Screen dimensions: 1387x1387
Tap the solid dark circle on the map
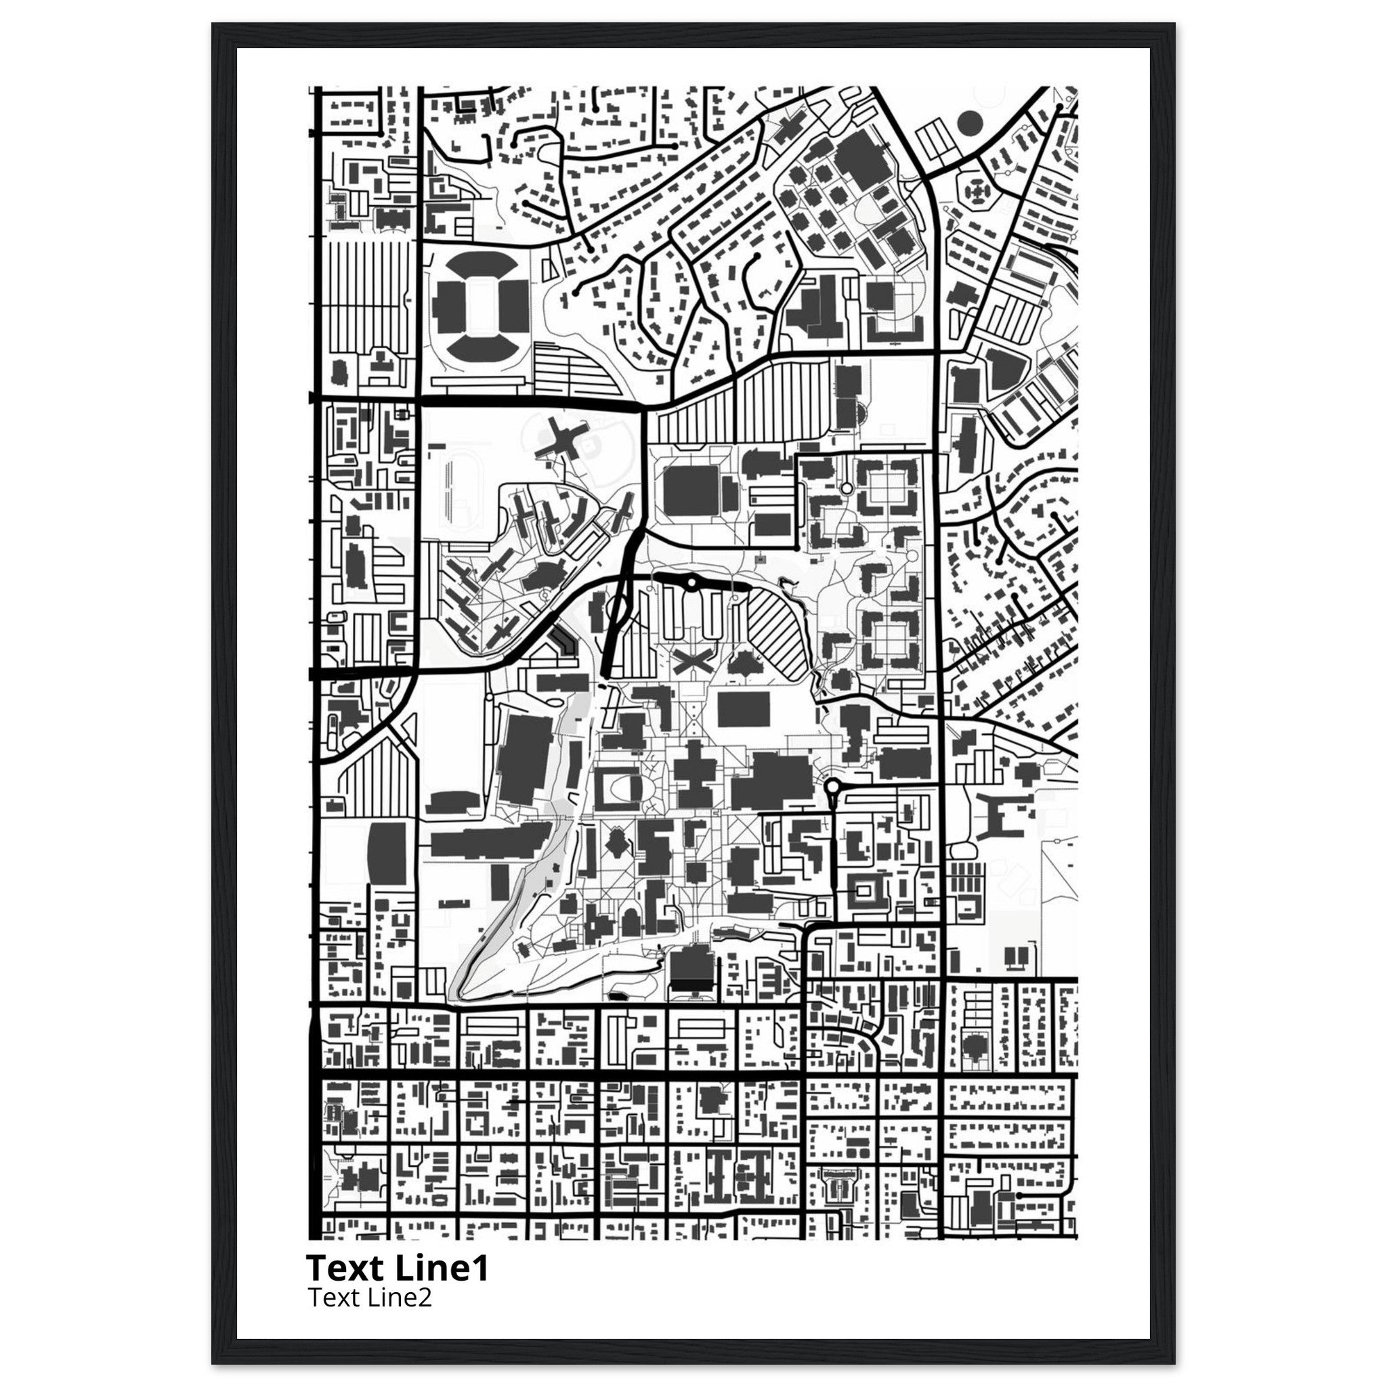969,123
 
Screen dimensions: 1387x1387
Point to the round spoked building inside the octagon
977,191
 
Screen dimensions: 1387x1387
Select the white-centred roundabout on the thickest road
691,583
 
